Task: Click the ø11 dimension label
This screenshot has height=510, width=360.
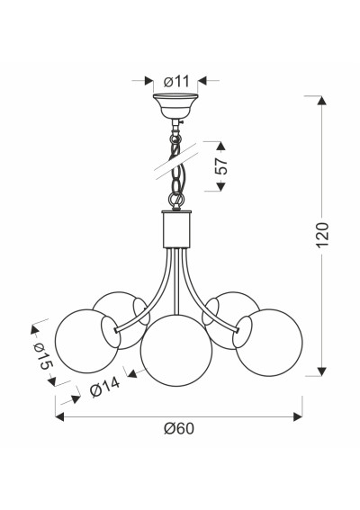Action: click(176, 81)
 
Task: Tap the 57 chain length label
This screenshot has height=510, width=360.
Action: click(222, 166)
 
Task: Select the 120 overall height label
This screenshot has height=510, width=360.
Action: click(323, 235)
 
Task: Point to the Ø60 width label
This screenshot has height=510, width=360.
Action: click(179, 428)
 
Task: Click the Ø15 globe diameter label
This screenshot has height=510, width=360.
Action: click(42, 356)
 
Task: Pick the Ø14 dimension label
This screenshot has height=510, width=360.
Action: click(104, 387)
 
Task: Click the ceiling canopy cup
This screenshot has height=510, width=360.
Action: click(175, 106)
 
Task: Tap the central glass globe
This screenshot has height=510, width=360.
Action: click(176, 351)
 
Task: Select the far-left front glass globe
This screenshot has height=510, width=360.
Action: click(87, 341)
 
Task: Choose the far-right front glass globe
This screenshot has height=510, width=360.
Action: click(269, 343)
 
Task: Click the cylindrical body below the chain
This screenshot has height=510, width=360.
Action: click(176, 229)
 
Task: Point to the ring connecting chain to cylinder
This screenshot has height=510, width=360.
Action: click(176, 199)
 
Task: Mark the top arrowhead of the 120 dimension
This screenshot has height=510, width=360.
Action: click(322, 100)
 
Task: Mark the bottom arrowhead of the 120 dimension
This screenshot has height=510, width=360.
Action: click(322, 371)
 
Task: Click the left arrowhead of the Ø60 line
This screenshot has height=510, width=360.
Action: click(59, 416)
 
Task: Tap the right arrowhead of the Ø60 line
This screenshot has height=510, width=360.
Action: click(298, 416)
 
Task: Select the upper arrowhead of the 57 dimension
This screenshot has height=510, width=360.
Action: click(220, 146)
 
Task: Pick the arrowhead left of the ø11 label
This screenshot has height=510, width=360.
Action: click(148, 81)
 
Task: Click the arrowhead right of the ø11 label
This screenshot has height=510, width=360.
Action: click(202, 81)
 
